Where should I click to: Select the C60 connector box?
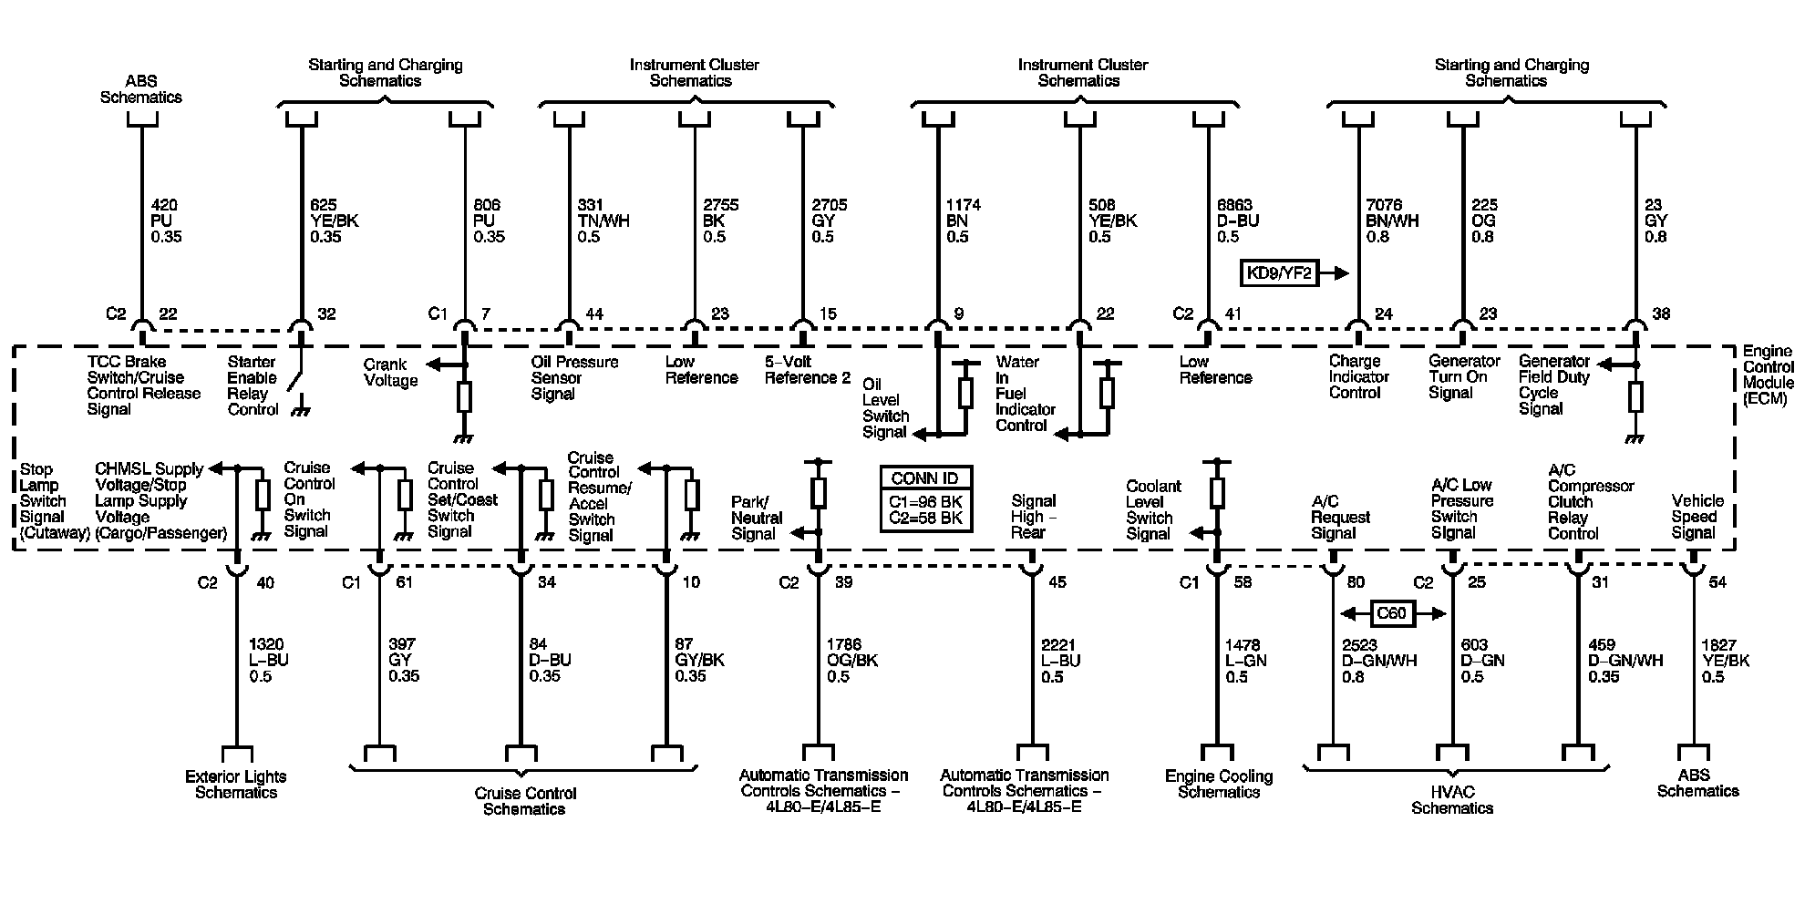click(1391, 613)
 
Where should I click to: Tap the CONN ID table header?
click(925, 478)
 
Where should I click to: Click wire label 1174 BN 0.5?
click(964, 221)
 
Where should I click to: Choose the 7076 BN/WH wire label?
click(1392, 221)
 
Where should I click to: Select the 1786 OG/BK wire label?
click(852, 661)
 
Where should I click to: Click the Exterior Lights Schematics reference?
click(235, 785)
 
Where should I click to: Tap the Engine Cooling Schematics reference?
click(1218, 785)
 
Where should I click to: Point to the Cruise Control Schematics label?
click(525, 801)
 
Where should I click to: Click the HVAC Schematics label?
click(1451, 800)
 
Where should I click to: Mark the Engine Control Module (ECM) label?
click(1767, 375)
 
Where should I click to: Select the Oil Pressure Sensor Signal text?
click(573, 378)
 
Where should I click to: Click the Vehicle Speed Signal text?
click(1697, 517)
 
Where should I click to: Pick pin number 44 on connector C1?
click(594, 314)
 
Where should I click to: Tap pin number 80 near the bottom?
click(1356, 582)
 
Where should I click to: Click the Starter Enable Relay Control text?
click(253, 385)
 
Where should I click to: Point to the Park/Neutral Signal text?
click(756, 518)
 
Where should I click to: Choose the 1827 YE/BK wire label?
click(1725, 661)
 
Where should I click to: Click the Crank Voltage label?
click(390, 373)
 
